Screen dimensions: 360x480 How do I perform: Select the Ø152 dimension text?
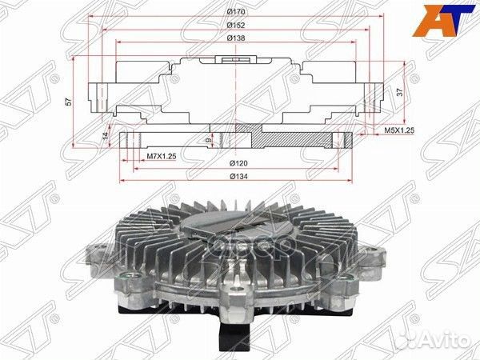coord(236,25)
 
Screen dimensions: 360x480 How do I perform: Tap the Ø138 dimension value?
coord(236,38)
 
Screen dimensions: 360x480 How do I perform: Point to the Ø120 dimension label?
coord(238,162)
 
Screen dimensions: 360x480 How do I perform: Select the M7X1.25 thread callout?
coord(161,157)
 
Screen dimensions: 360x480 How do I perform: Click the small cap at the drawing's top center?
coord(238,58)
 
